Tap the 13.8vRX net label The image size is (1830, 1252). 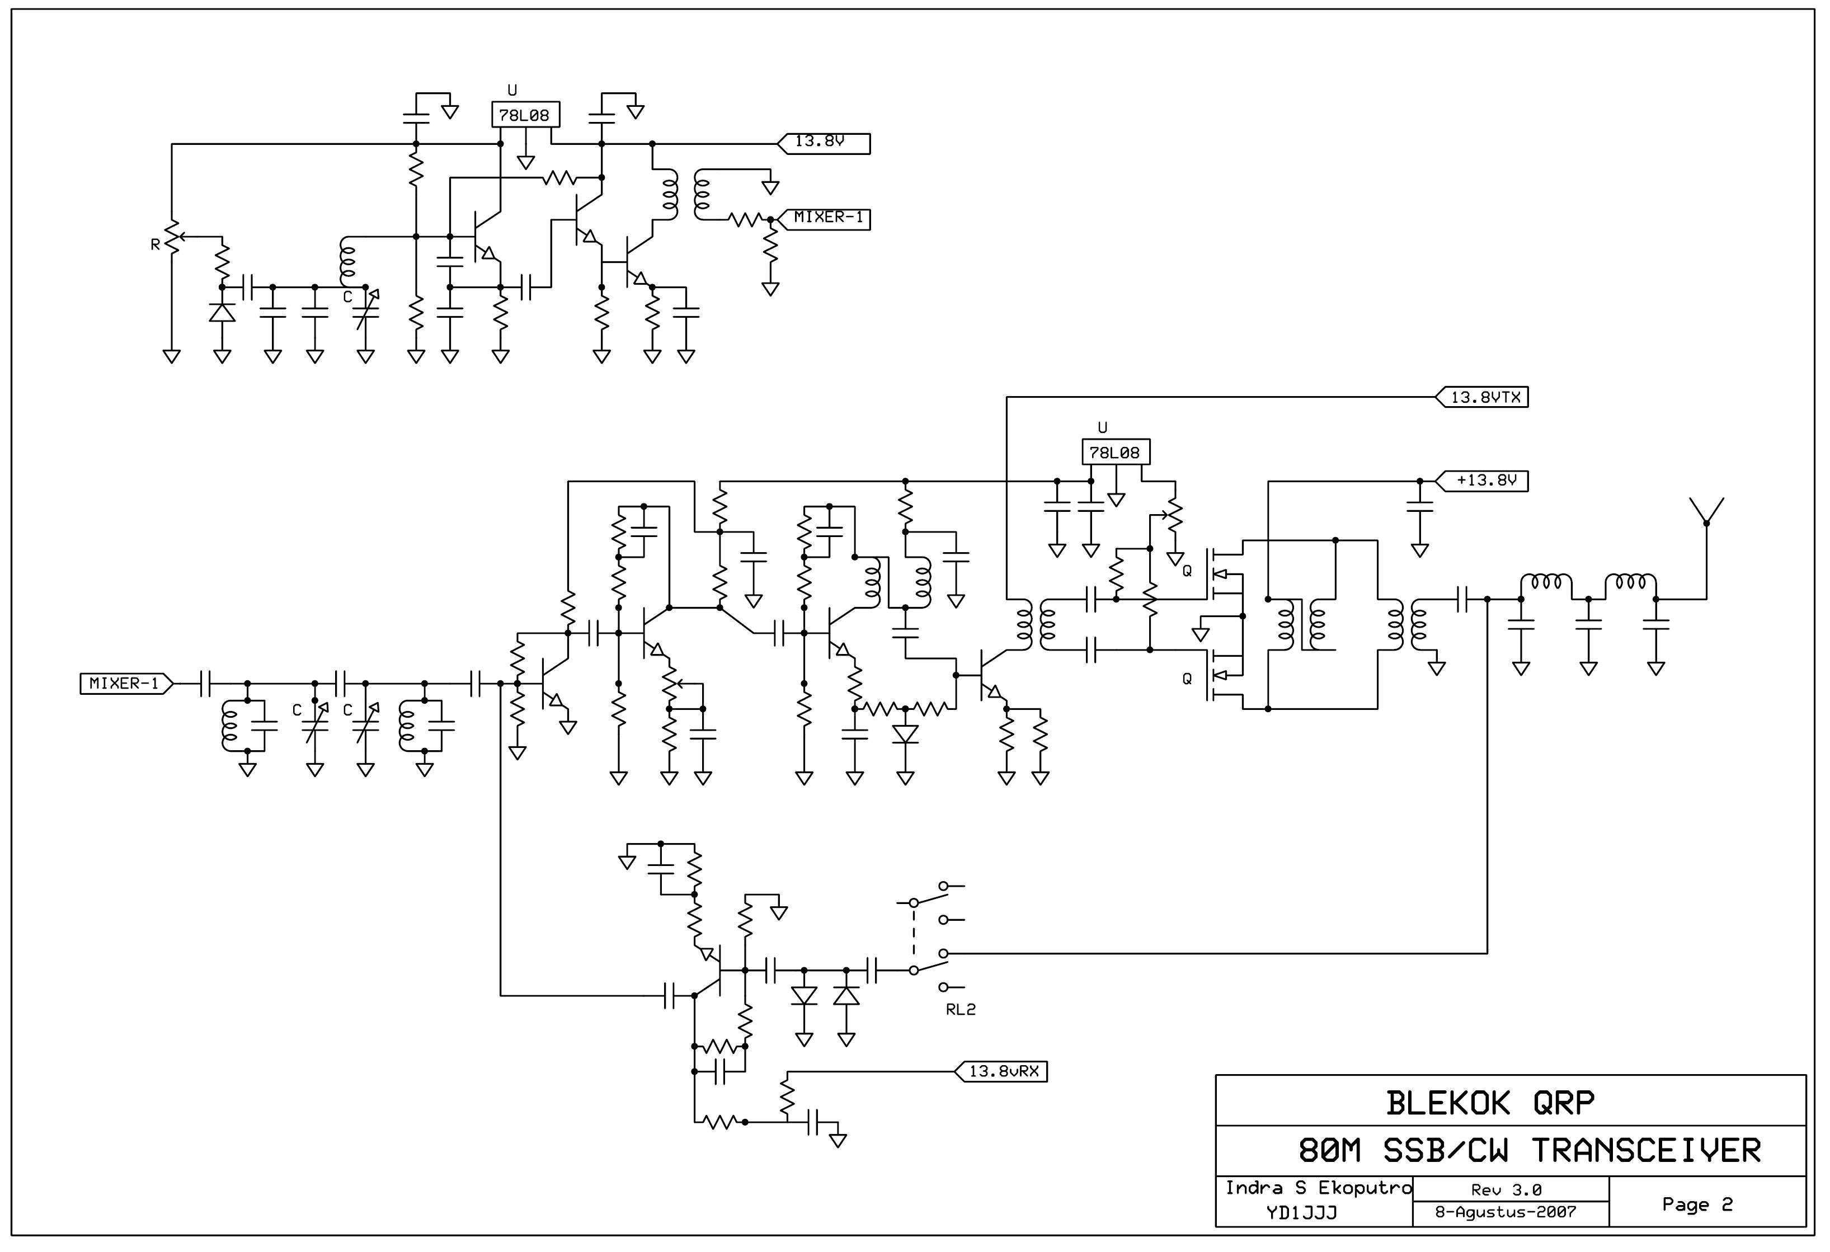tap(1001, 1072)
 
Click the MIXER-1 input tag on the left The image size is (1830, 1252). tap(126, 684)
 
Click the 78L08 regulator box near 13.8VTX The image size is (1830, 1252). tap(1116, 452)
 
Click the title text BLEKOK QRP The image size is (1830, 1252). tap(1489, 1103)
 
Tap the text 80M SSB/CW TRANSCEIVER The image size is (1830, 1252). tap(1529, 1151)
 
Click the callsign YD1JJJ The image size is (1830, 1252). tap(1302, 1213)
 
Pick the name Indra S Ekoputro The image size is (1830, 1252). tap(1318, 1188)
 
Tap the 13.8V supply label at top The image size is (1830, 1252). tap(824, 143)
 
